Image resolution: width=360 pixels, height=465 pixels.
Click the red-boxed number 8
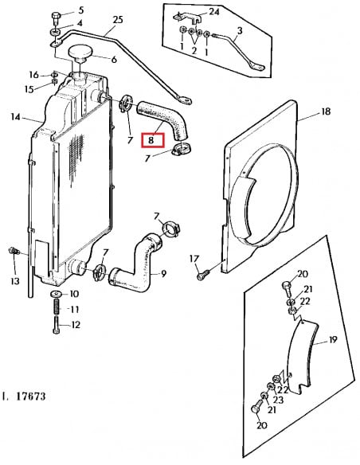pos(151,140)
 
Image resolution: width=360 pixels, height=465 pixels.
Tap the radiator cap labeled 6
pos(80,54)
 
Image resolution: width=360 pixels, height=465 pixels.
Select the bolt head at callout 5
pos(56,15)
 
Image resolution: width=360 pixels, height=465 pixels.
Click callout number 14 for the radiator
pos(15,117)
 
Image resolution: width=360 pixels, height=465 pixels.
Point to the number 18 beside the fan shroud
pos(326,111)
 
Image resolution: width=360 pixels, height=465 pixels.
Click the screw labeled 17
pos(202,275)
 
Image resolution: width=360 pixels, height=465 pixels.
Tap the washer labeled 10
pos(56,294)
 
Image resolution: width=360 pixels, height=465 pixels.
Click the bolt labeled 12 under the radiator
pos(56,325)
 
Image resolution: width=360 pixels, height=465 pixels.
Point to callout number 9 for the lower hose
pos(163,274)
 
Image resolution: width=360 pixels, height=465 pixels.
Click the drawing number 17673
pos(30,397)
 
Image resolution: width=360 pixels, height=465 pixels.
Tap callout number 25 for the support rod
pos(118,20)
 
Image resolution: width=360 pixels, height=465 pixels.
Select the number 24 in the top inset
pos(214,12)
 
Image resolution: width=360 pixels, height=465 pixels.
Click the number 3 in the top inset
pos(240,30)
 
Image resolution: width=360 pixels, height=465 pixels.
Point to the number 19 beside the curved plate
pos(333,339)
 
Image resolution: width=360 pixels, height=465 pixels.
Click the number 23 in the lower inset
pos(278,400)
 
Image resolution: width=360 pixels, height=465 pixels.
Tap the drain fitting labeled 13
pos(14,252)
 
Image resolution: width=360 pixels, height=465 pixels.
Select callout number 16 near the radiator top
pos(33,75)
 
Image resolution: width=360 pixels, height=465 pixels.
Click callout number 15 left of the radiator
pos(29,89)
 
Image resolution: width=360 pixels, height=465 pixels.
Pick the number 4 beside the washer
pos(80,23)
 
